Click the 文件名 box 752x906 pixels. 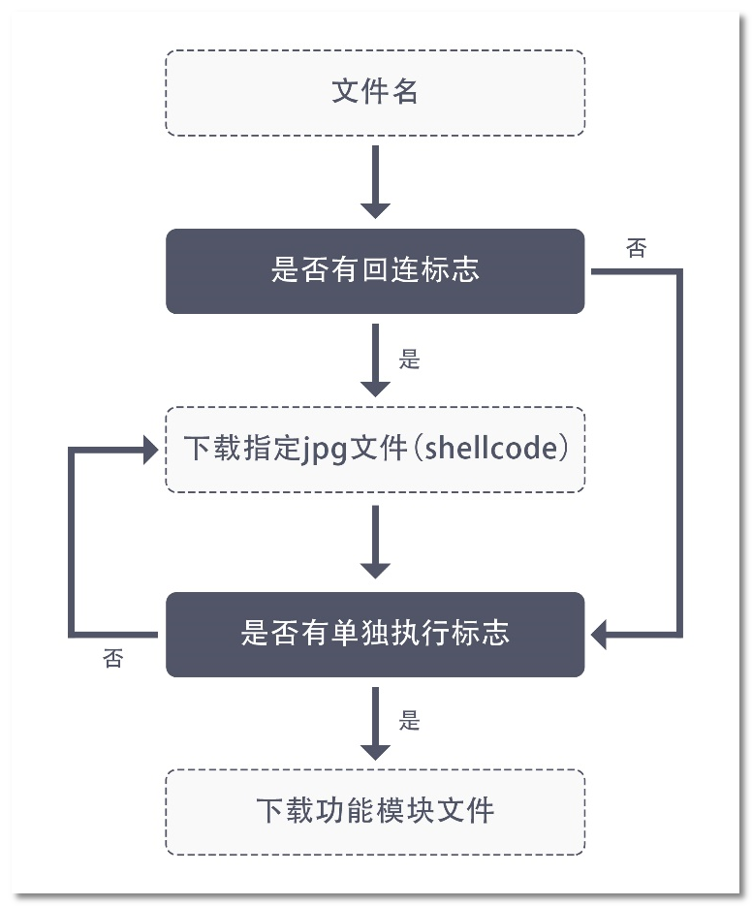tap(375, 93)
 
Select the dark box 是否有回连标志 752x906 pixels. tap(375, 271)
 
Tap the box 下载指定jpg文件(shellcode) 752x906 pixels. tap(375, 450)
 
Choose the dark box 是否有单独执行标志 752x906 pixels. tap(375, 634)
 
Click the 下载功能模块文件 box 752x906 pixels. tap(375, 811)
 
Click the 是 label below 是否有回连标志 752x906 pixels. tap(410, 359)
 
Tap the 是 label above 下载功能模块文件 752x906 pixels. tap(410, 720)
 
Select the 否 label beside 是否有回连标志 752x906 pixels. tap(637, 249)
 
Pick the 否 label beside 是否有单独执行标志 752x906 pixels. tap(113, 660)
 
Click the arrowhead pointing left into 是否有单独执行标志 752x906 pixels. tap(599, 636)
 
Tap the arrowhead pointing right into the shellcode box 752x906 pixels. tap(150, 450)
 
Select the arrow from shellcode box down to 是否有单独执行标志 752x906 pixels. tap(375, 542)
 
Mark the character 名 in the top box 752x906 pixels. tap(405, 93)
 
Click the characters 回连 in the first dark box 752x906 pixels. tap(375, 271)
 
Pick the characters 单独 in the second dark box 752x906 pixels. tap(361, 634)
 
